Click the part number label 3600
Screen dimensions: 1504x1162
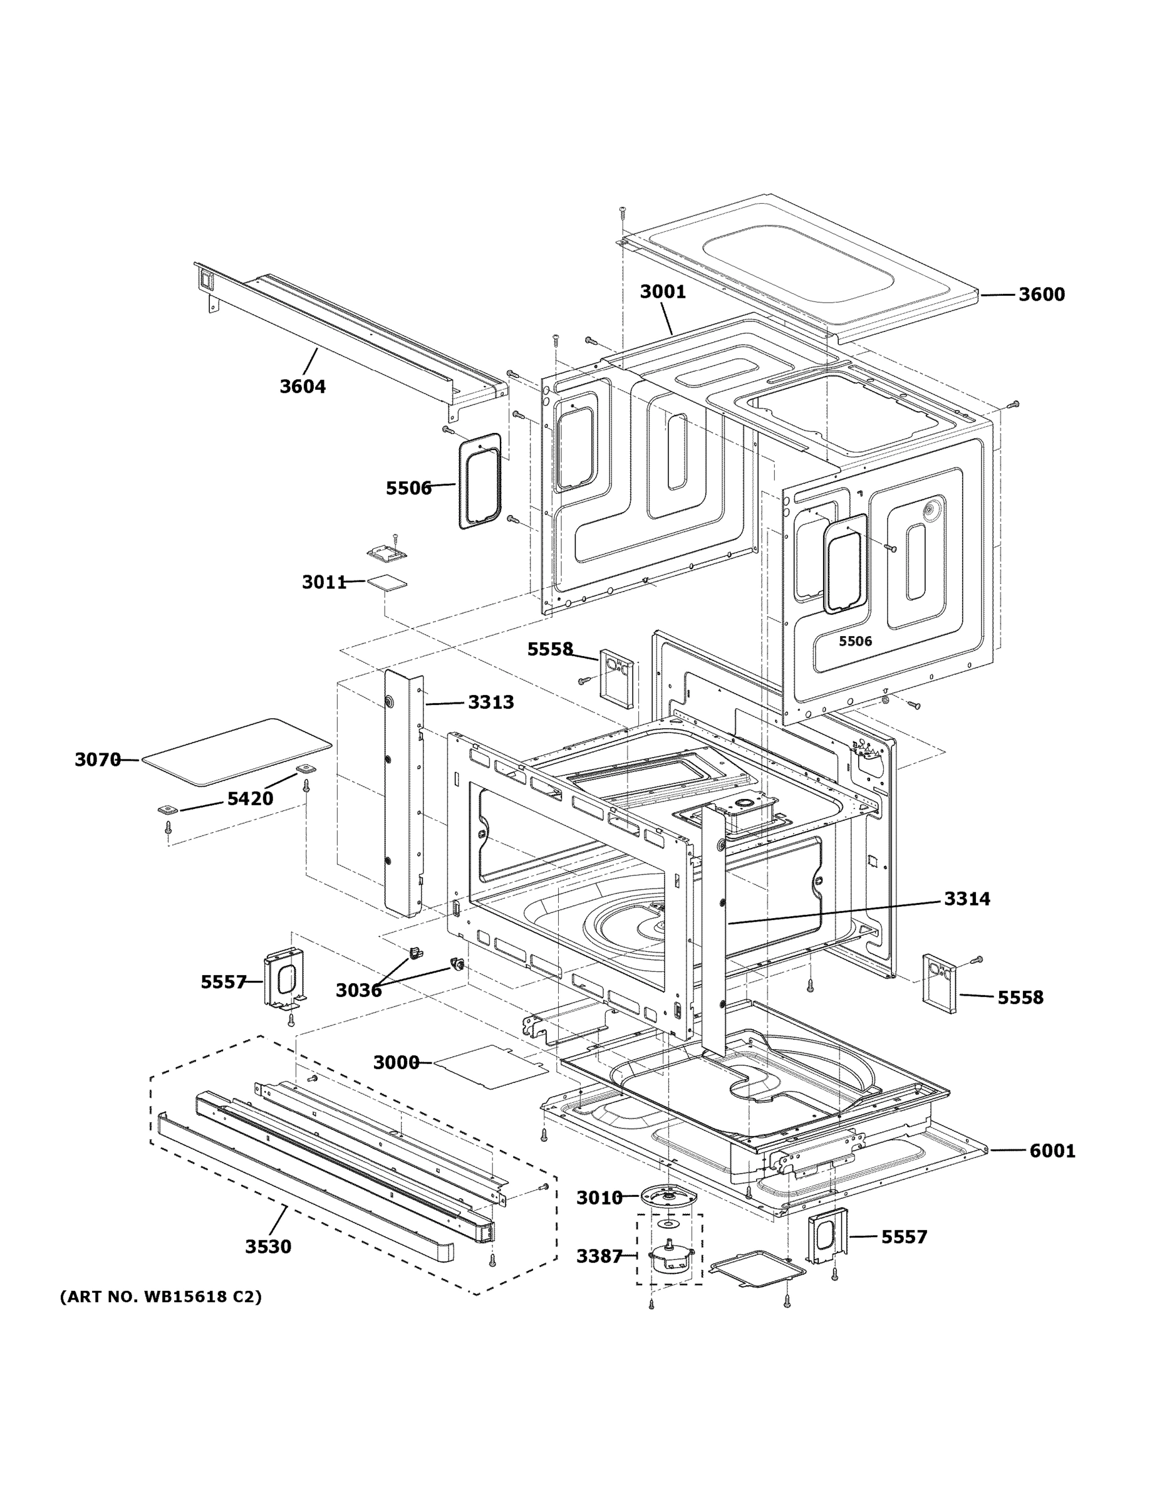1041,295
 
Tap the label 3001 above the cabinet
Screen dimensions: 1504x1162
662,292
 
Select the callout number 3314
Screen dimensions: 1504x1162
967,899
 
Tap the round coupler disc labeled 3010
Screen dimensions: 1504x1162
667,1199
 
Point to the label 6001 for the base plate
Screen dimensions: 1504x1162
1052,1151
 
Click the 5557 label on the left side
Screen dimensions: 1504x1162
223,982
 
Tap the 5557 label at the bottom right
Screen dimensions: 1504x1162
904,1238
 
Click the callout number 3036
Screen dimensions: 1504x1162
358,991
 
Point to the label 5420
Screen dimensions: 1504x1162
250,799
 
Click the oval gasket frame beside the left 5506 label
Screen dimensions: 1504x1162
480,481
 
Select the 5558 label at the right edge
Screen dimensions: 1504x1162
1020,997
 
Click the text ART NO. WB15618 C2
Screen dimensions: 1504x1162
161,1297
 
